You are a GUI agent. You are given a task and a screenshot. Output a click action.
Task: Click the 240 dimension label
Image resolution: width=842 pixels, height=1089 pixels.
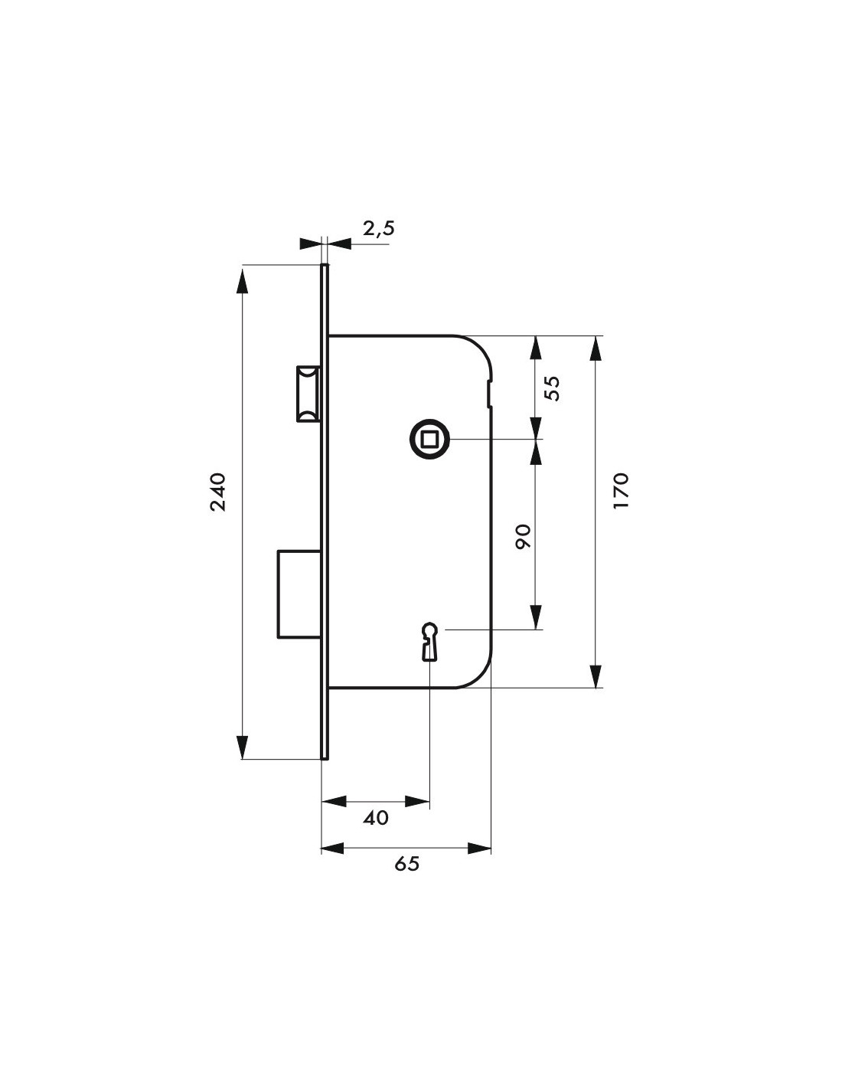(x=218, y=492)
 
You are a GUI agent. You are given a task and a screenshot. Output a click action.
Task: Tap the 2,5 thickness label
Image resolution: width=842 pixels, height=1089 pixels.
(x=379, y=228)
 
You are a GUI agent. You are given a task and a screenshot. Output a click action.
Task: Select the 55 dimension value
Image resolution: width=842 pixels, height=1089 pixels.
(x=553, y=388)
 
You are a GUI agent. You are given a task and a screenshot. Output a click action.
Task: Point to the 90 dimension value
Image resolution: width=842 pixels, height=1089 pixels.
(x=523, y=537)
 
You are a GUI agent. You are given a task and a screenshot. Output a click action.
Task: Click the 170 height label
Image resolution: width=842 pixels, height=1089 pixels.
(x=620, y=491)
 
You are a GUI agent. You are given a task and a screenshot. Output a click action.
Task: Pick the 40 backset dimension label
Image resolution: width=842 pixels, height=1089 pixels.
(x=376, y=819)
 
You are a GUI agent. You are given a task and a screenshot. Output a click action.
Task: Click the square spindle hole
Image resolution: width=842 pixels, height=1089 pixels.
(x=429, y=440)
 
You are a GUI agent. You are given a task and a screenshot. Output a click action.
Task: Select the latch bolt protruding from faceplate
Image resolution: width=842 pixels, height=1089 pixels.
(x=308, y=394)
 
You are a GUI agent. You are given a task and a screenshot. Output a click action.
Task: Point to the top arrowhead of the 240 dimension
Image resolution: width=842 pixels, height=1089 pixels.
(x=243, y=280)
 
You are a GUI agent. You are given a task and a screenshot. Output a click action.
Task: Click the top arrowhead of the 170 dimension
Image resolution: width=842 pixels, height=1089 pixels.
(x=595, y=348)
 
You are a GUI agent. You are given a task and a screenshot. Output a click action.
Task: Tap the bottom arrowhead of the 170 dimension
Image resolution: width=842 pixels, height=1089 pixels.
(x=595, y=675)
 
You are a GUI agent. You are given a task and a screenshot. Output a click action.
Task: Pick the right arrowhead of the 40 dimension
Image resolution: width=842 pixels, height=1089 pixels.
(x=417, y=802)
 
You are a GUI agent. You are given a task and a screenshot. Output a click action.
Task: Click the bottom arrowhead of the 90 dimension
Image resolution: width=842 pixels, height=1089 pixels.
(x=536, y=617)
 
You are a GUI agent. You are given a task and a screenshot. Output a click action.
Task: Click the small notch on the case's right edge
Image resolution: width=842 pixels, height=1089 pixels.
(x=488, y=394)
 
